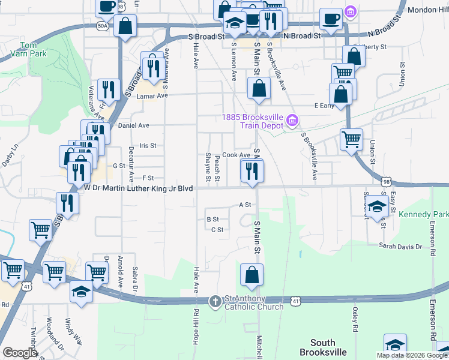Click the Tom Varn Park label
pyautogui.click(x=28, y=49)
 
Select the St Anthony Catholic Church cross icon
pyautogui.click(x=215, y=301)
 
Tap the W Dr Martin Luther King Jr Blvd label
pyautogui.click(x=139, y=188)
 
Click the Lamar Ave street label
pyautogui.click(x=151, y=95)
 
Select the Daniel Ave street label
pyautogui.click(x=133, y=125)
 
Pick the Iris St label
pyautogui.click(x=147, y=145)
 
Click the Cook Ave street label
pyautogui.click(x=236, y=154)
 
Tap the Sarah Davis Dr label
pyautogui.click(x=400, y=245)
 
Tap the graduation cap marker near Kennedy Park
pyautogui.click(x=377, y=207)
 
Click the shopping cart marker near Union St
pyautogui.click(x=351, y=139)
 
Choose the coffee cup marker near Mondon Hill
pyautogui.click(x=331, y=19)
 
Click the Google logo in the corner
pyautogui.click(x=19, y=353)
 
